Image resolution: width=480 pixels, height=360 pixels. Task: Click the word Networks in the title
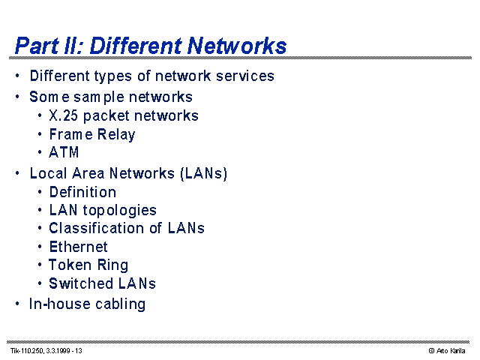237,46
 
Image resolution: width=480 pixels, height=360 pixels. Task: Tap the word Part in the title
37,46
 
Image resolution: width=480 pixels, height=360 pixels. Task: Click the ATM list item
64,152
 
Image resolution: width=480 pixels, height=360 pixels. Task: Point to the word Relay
116,135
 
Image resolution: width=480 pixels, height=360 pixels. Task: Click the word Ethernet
78,247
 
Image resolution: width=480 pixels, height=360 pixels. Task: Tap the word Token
70,265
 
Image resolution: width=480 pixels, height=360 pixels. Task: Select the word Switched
81,283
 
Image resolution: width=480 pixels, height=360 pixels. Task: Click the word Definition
82,192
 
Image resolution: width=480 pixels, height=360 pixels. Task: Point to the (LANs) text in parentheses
204,173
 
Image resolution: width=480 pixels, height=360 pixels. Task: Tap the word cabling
120,304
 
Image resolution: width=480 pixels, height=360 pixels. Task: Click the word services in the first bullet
245,76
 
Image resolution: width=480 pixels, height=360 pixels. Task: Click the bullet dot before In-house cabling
17,304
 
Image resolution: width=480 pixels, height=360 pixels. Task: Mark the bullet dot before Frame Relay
40,134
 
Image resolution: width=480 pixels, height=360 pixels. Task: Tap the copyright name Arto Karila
451,351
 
